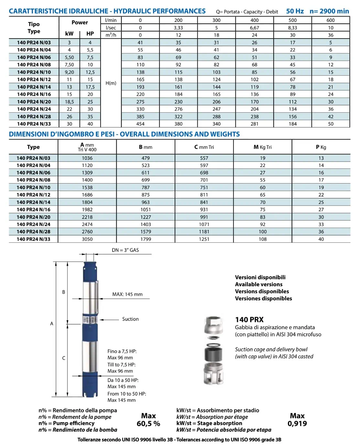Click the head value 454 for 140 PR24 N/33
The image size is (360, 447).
(x=140, y=124)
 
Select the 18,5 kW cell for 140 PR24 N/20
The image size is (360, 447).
(x=69, y=102)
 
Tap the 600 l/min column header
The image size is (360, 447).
(x=330, y=20)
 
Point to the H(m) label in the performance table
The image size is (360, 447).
(x=111, y=83)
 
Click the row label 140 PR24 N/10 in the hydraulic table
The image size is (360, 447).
(x=34, y=72)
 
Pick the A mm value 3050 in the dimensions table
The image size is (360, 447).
(x=87, y=239)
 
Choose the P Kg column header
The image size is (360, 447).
(x=321, y=147)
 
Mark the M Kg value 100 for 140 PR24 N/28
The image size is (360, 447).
(x=262, y=232)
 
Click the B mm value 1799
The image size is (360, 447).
(x=146, y=239)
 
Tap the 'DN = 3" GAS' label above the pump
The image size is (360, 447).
(x=125, y=250)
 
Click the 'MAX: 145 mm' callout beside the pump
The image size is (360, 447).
(x=127, y=294)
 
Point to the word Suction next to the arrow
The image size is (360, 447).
(x=130, y=319)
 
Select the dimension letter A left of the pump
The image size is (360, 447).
(x=51, y=324)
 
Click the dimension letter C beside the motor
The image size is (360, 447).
(x=64, y=358)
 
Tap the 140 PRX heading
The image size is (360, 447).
(x=249, y=320)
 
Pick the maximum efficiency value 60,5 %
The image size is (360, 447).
(x=148, y=424)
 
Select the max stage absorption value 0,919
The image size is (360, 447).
(x=297, y=424)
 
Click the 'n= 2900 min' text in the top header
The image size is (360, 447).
(x=329, y=11)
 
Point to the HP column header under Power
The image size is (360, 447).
(x=90, y=34)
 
